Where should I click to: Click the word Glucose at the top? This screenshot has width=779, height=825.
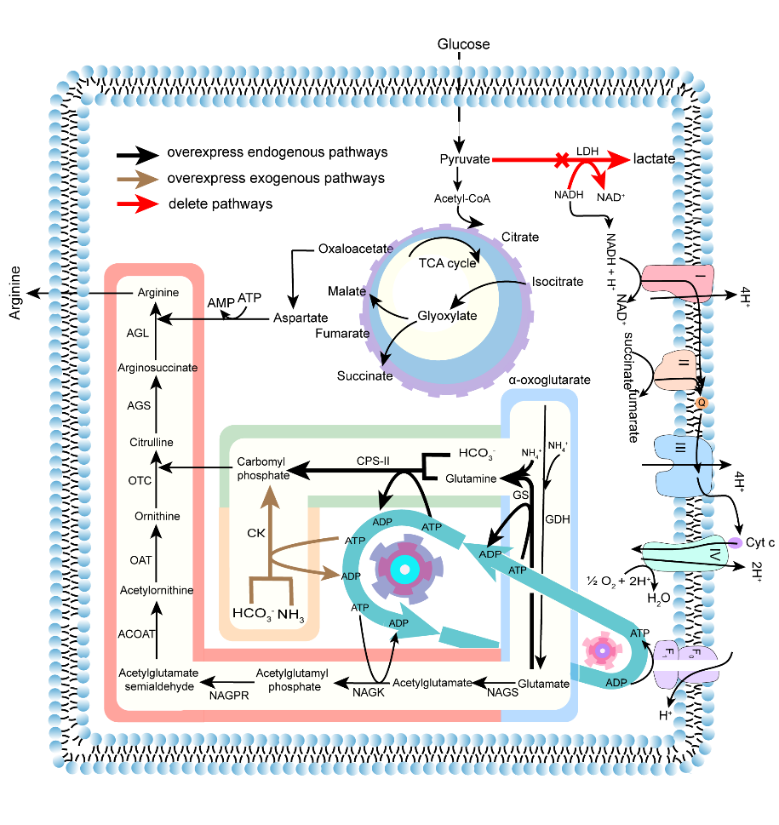coord(463,43)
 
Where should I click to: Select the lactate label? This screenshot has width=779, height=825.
coord(654,159)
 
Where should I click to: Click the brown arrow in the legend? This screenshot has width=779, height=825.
coord(139,179)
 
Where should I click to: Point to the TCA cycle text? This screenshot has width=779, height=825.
coord(447,262)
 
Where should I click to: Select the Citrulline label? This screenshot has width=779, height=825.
coord(152,442)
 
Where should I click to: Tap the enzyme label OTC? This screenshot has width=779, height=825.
coord(140,480)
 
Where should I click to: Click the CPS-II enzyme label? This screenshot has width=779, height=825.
coord(373,461)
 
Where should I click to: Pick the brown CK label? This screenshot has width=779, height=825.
coord(257,534)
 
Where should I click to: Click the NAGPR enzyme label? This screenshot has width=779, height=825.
coord(228,696)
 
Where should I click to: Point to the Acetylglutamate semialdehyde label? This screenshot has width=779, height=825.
coord(158,679)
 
